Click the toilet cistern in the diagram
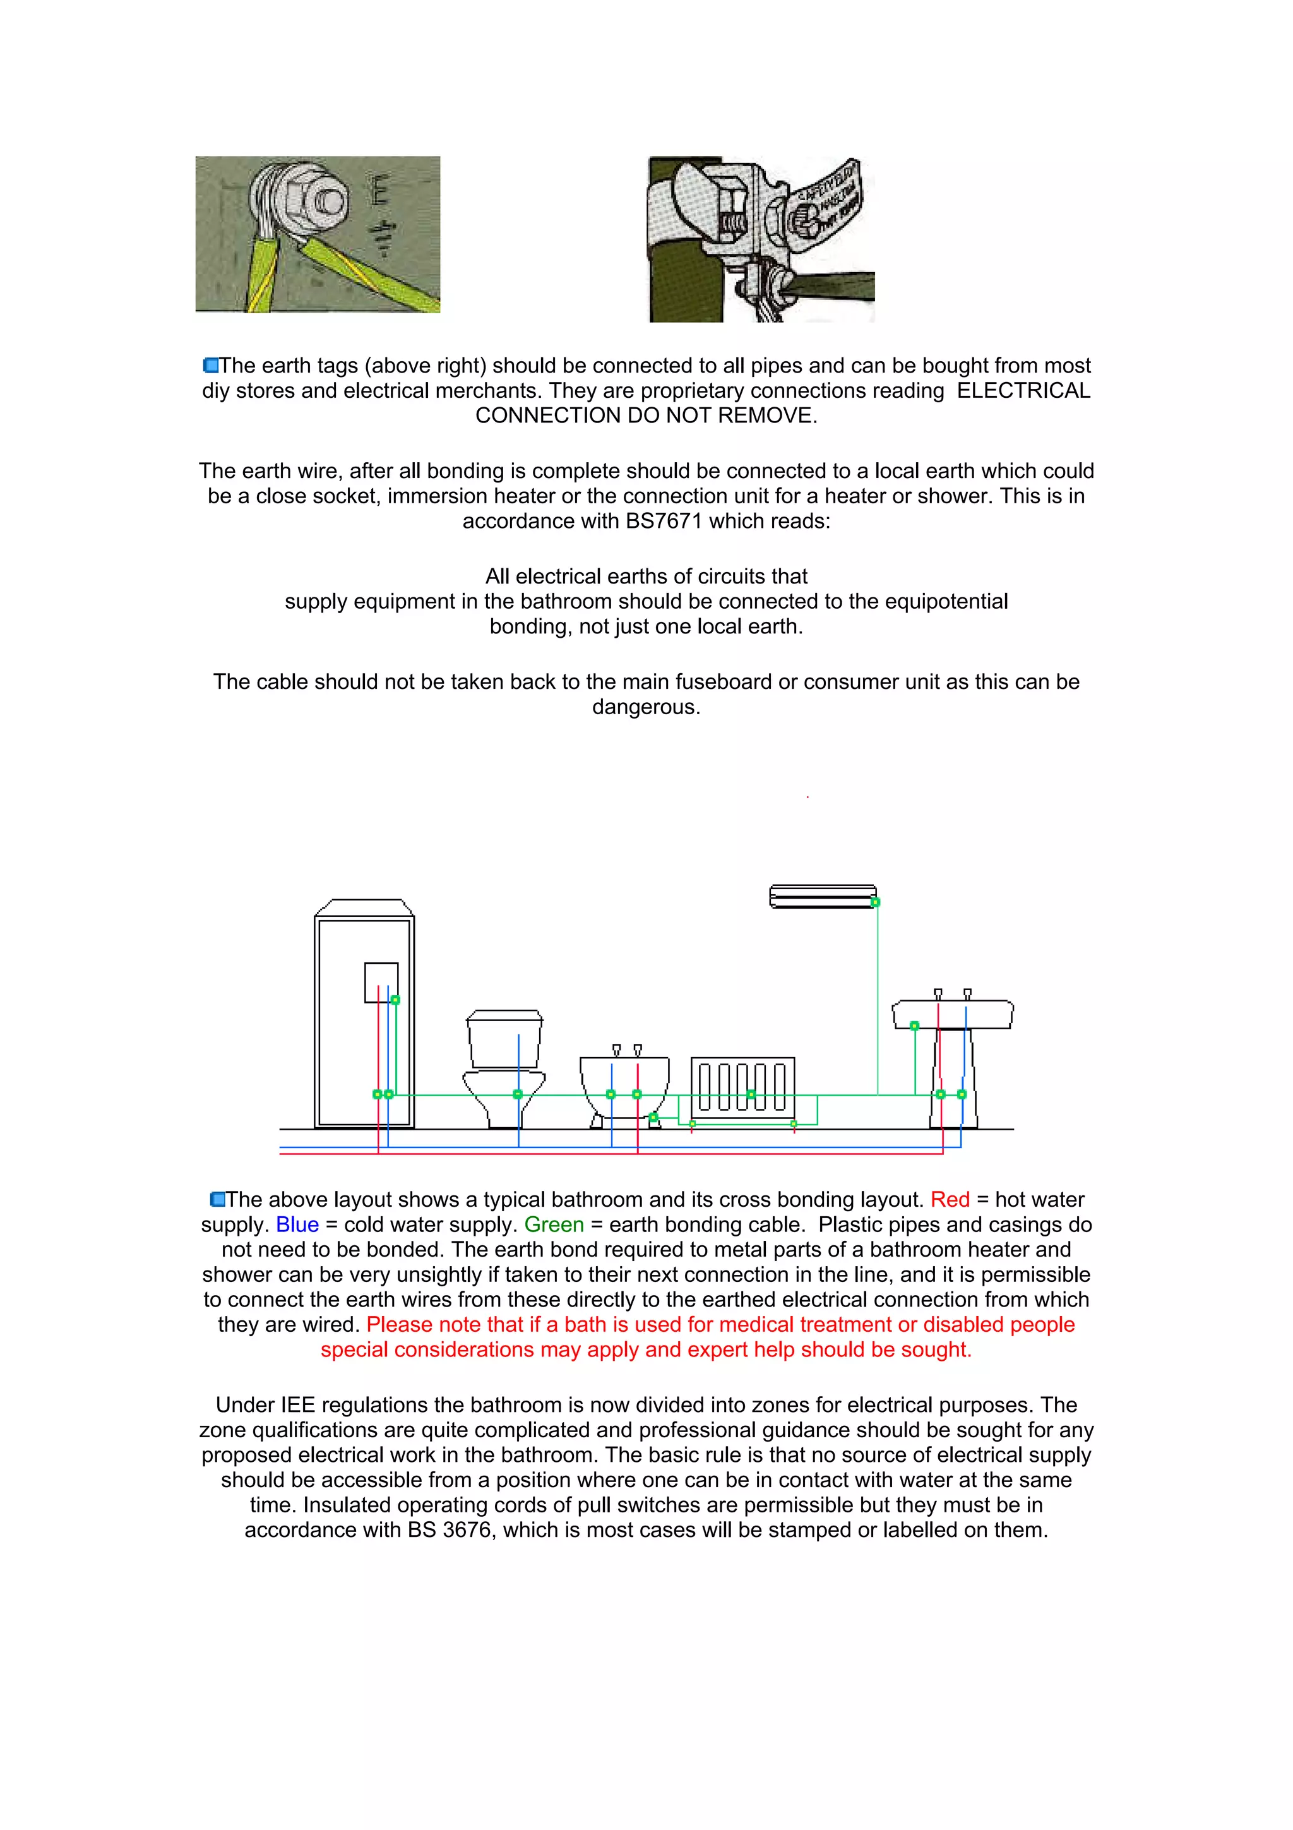pyautogui.click(x=504, y=1040)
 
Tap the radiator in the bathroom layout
pyautogui.click(x=742, y=1087)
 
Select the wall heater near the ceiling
pyautogui.click(x=822, y=896)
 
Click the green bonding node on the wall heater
pyautogui.click(x=876, y=902)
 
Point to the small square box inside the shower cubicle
pyautogui.click(x=381, y=982)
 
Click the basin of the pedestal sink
pyautogui.click(x=952, y=1015)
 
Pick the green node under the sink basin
pyautogui.click(x=915, y=1026)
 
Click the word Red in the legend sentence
pyautogui.click(x=950, y=1200)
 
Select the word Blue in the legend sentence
pyautogui.click(x=297, y=1224)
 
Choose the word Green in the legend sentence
pyautogui.click(x=554, y=1224)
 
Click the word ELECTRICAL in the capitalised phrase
pyautogui.click(x=1023, y=390)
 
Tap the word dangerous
pyautogui.click(x=645, y=707)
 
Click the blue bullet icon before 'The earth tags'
pyautogui.click(x=211, y=366)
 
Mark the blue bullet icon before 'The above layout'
pyautogui.click(x=217, y=1200)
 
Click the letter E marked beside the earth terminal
pyautogui.click(x=381, y=189)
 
